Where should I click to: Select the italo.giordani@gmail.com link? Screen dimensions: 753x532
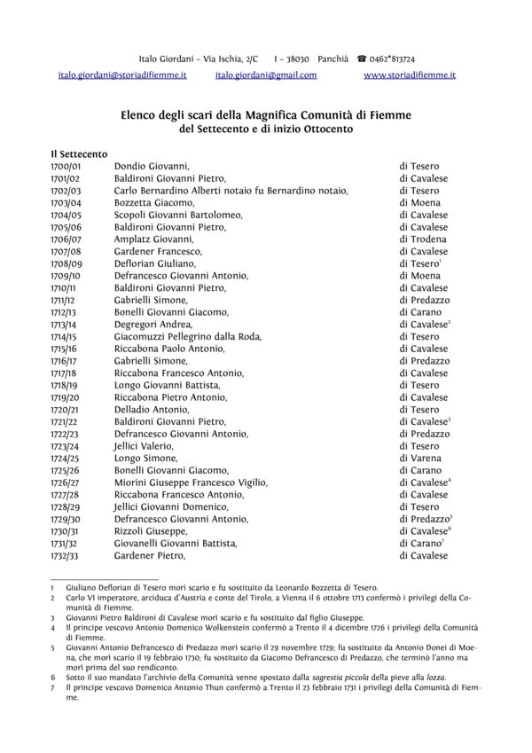tap(266, 76)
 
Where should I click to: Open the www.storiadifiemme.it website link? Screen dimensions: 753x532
tap(410, 76)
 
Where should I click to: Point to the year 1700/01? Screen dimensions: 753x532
tap(66, 166)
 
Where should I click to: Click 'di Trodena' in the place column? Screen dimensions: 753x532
tap(423, 239)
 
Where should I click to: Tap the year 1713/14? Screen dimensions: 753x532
tap(66, 326)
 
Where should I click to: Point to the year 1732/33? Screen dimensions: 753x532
tap(66, 556)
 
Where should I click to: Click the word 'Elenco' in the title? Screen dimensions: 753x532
tap(140, 114)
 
